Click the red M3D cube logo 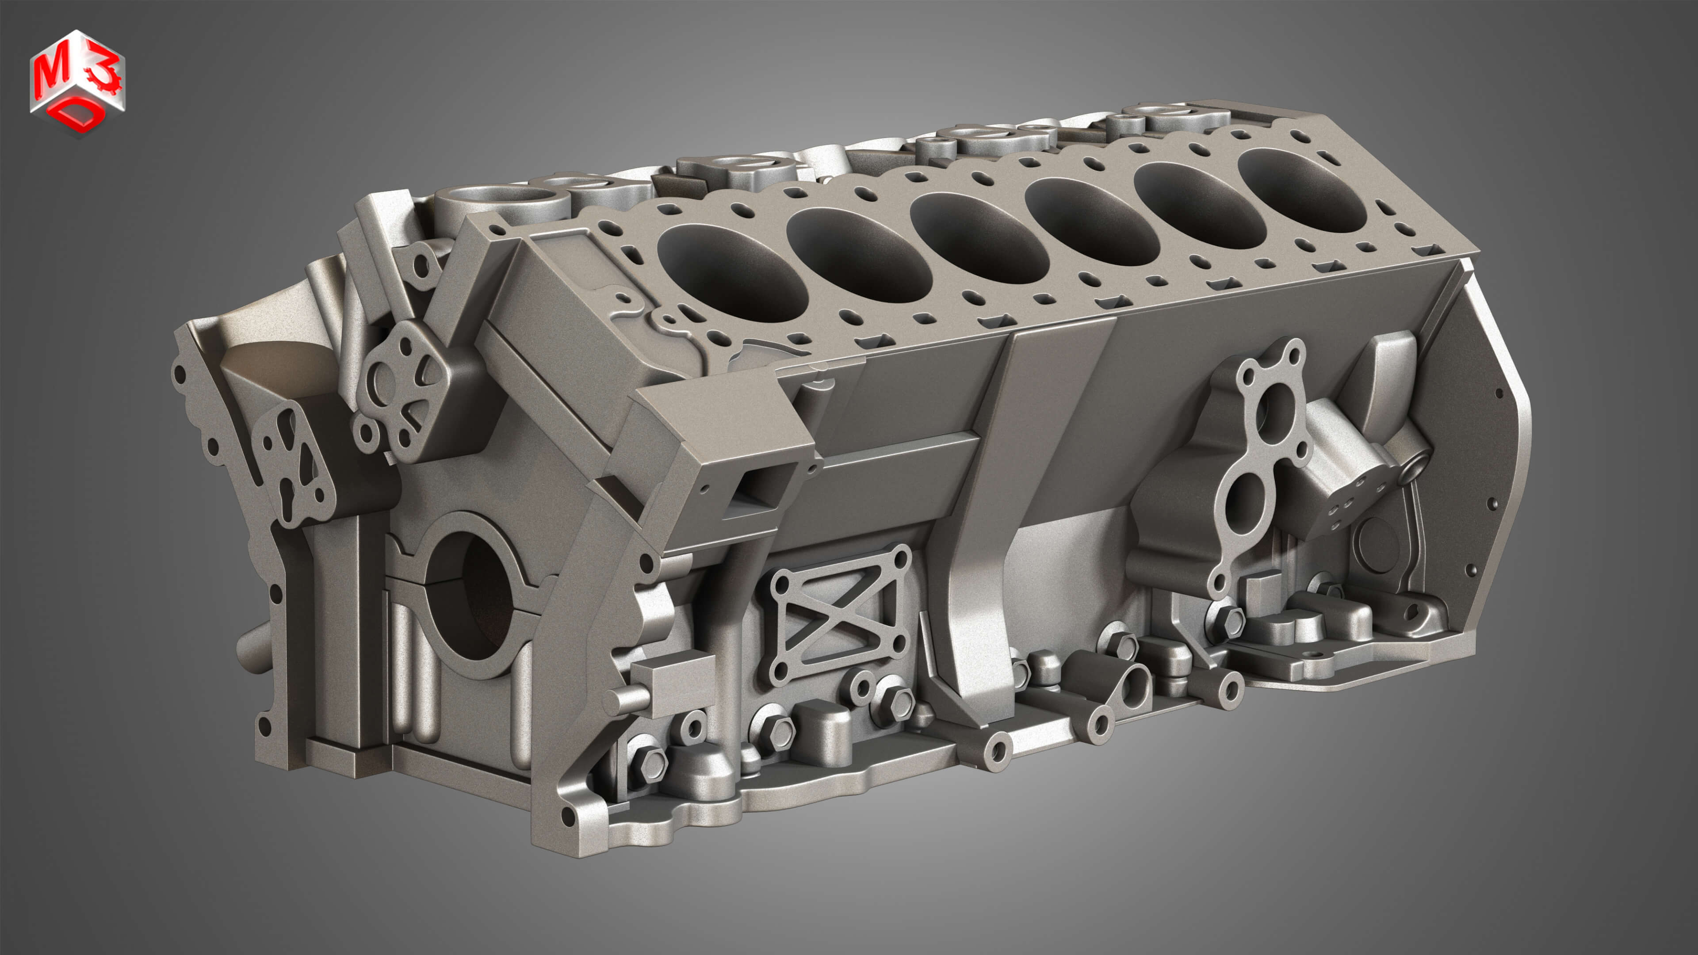77,82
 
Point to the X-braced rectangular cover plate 837,616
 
